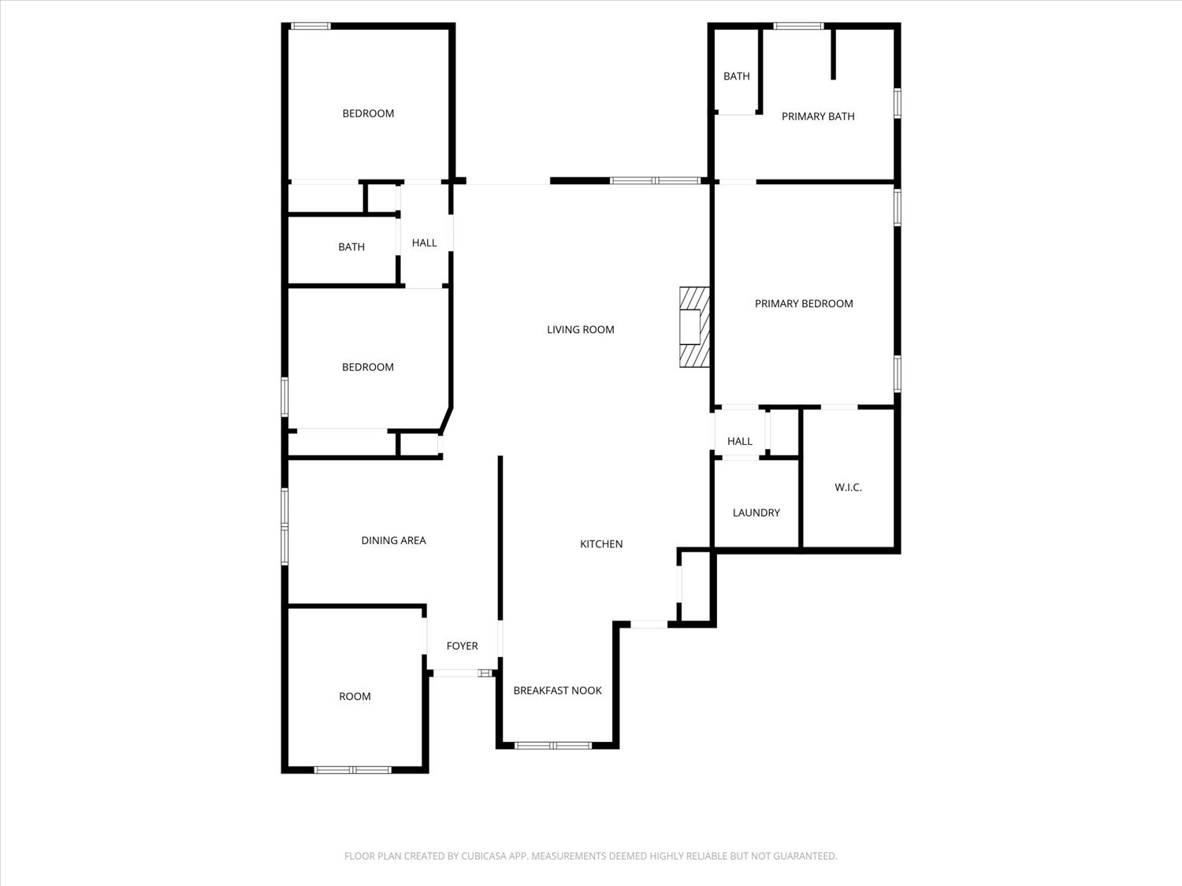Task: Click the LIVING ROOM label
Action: [x=581, y=330]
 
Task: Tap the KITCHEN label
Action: [x=601, y=544]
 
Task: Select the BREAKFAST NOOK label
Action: [x=557, y=691]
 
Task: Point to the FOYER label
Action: [x=462, y=646]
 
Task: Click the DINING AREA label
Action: [x=394, y=540]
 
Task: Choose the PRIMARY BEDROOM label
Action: [x=804, y=304]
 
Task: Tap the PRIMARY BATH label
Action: [x=818, y=117]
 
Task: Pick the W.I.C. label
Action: [x=848, y=488]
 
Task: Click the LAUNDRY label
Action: [x=756, y=513]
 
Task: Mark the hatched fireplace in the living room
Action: [x=694, y=327]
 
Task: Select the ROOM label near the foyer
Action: [x=355, y=697]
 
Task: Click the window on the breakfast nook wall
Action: [x=553, y=746]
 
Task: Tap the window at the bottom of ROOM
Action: [x=353, y=770]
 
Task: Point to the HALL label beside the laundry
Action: [x=740, y=442]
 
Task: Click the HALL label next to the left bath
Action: [x=424, y=243]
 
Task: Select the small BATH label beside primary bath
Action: [x=737, y=76]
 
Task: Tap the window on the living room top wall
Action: [x=656, y=181]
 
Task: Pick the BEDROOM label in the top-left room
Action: [x=368, y=113]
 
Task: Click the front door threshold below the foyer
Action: [x=463, y=673]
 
